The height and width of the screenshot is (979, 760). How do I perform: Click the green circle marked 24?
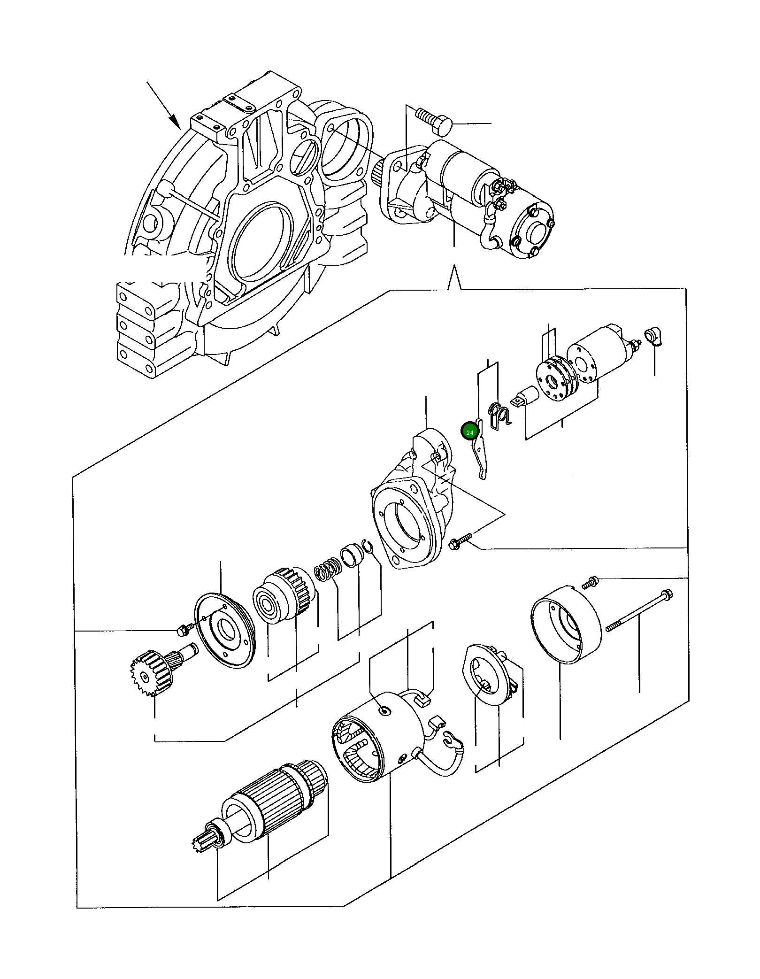tap(469, 431)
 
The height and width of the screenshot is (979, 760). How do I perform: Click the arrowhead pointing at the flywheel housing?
tap(175, 122)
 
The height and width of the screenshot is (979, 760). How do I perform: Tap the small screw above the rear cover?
tap(590, 583)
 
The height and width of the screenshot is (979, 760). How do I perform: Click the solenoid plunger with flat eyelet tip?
tap(526, 396)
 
